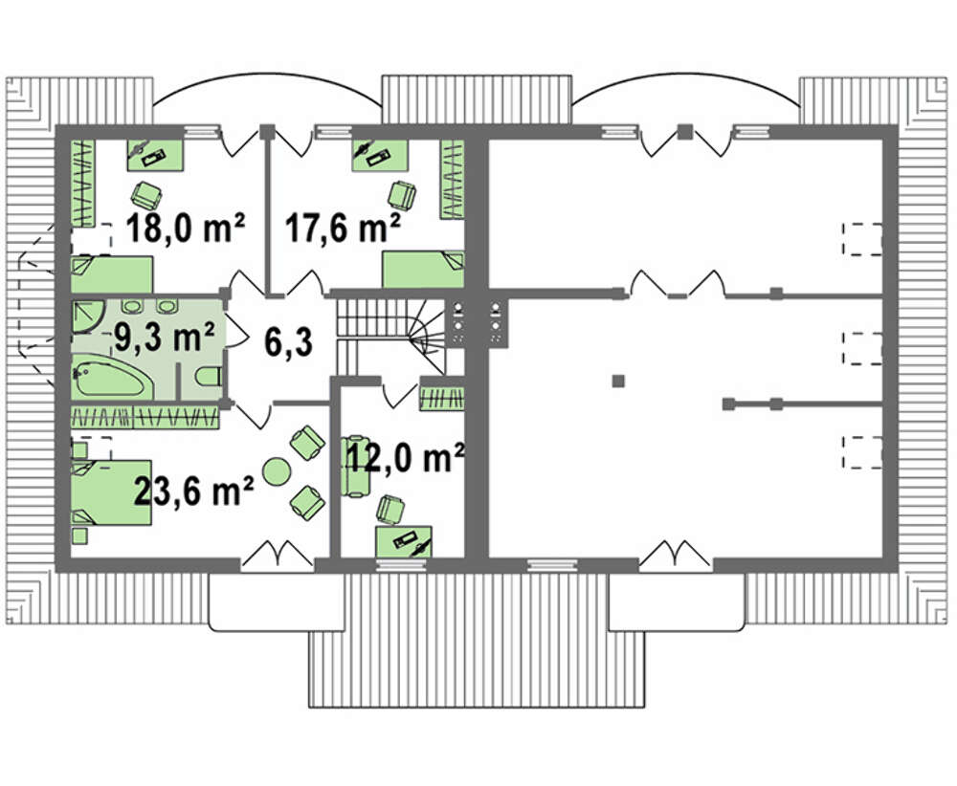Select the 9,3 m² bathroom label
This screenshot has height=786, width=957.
[x=165, y=336]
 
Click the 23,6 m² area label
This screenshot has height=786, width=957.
[x=193, y=491]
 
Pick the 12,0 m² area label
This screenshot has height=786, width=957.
[x=405, y=457]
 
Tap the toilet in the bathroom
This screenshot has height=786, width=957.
[x=209, y=377]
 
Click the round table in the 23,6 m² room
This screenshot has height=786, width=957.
[x=276, y=470]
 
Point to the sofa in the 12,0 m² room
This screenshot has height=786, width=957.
[x=355, y=466]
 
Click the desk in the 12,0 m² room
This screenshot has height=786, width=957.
[x=404, y=541]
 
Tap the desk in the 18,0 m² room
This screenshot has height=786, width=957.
[x=155, y=155]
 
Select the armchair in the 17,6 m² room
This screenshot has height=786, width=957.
[x=403, y=195]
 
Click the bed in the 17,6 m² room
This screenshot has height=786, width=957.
[x=423, y=269]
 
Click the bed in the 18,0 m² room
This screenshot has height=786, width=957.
[x=112, y=274]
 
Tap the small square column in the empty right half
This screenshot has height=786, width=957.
[x=618, y=382]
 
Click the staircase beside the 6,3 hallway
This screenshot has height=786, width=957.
[x=390, y=337]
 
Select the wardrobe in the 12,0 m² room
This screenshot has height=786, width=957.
[x=441, y=399]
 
